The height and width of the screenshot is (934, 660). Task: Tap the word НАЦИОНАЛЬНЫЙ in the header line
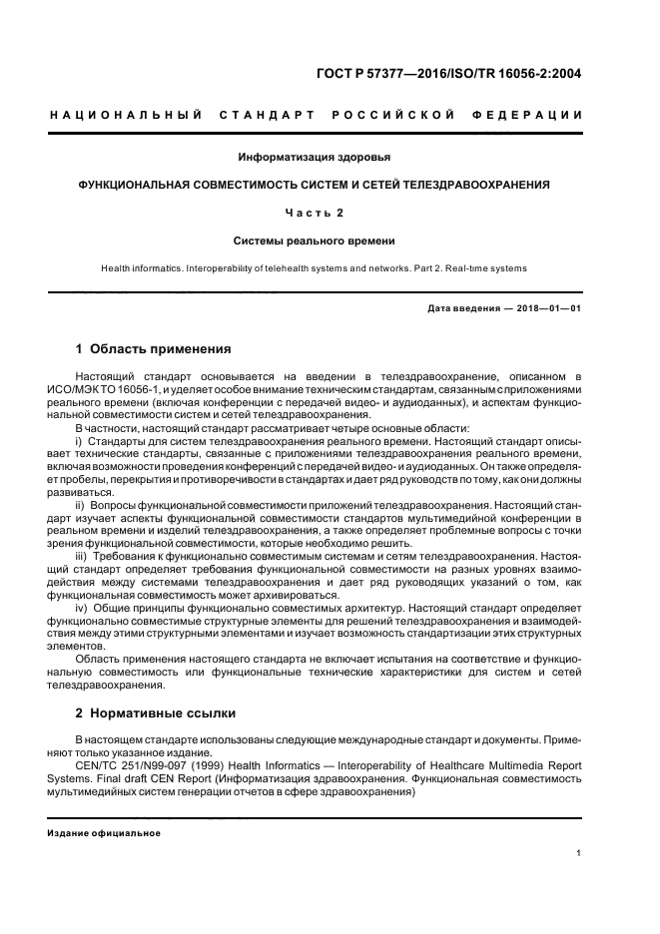(x=112, y=116)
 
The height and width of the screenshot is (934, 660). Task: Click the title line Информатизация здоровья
(x=315, y=158)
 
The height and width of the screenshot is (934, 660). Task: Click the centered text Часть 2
(x=315, y=213)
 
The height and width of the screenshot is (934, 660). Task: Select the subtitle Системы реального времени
(x=315, y=240)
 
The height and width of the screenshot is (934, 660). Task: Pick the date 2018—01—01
(x=550, y=308)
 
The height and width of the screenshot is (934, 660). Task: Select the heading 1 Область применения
(x=154, y=349)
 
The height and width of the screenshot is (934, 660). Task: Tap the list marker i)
(x=79, y=440)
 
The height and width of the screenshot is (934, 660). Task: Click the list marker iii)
(x=82, y=555)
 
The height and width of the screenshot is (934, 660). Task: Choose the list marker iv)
(x=82, y=608)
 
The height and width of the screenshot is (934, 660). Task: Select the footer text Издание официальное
(x=104, y=832)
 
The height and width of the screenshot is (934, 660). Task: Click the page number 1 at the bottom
(x=578, y=853)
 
